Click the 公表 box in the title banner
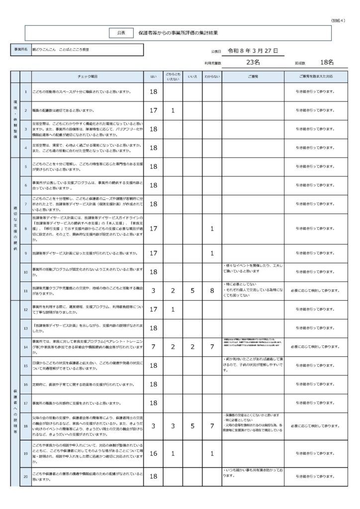[121, 32]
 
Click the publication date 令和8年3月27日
[252, 51]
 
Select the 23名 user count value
[253, 63]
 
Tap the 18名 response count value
[327, 63]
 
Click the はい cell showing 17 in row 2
[154, 110]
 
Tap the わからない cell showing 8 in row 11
[212, 290]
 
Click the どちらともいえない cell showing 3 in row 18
[173, 426]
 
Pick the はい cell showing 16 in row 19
[154, 454]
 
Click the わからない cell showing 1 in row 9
[212, 253]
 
